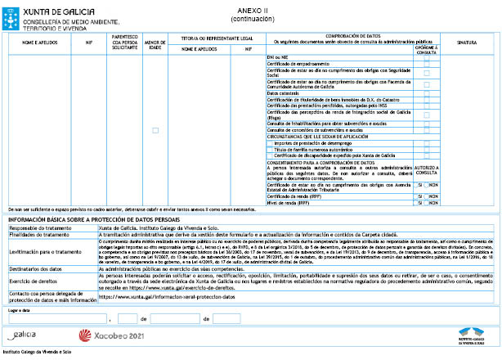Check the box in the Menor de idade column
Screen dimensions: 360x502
[x=155, y=130]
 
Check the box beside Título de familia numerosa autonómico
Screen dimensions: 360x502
[x=270, y=148]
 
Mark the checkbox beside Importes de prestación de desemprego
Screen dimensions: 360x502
[x=270, y=142]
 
